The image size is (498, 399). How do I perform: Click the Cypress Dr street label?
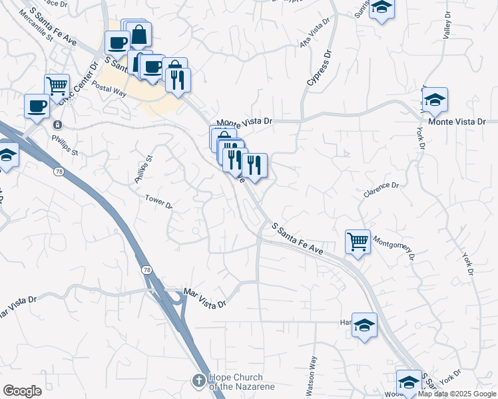point(319,69)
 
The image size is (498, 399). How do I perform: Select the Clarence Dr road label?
point(381,190)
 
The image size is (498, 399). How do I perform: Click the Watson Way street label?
point(311,374)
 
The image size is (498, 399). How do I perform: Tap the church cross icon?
point(197,381)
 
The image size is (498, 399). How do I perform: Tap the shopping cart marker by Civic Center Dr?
point(57,84)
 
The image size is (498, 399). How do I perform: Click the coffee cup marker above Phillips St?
point(37,105)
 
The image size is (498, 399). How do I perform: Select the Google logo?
point(22,391)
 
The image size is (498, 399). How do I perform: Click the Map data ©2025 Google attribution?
point(457,394)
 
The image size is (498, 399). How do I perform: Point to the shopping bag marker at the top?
point(139,35)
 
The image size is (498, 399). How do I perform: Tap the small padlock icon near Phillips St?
point(58,124)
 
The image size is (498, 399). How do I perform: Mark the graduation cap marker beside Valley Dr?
point(435,99)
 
